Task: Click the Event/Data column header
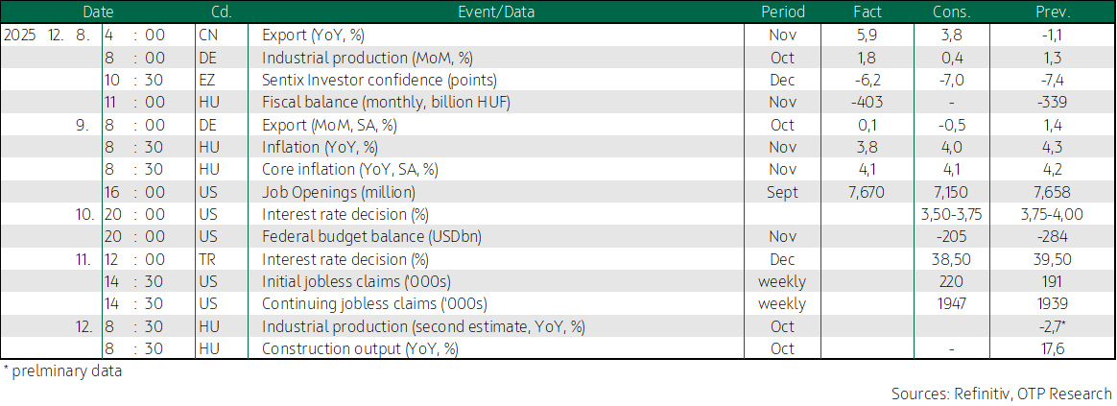click(496, 12)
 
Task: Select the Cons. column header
click(955, 12)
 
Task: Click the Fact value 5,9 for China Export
click(867, 35)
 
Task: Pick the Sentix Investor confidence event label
click(380, 80)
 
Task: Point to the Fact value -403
click(867, 102)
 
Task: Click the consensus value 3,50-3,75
click(955, 214)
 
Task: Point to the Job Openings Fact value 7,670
click(867, 192)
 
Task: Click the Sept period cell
click(782, 192)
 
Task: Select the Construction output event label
click(360, 348)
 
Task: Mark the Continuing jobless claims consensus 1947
click(955, 303)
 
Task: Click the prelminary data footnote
click(62, 371)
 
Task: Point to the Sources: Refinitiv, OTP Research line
click(1001, 394)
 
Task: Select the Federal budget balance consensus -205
click(955, 236)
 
